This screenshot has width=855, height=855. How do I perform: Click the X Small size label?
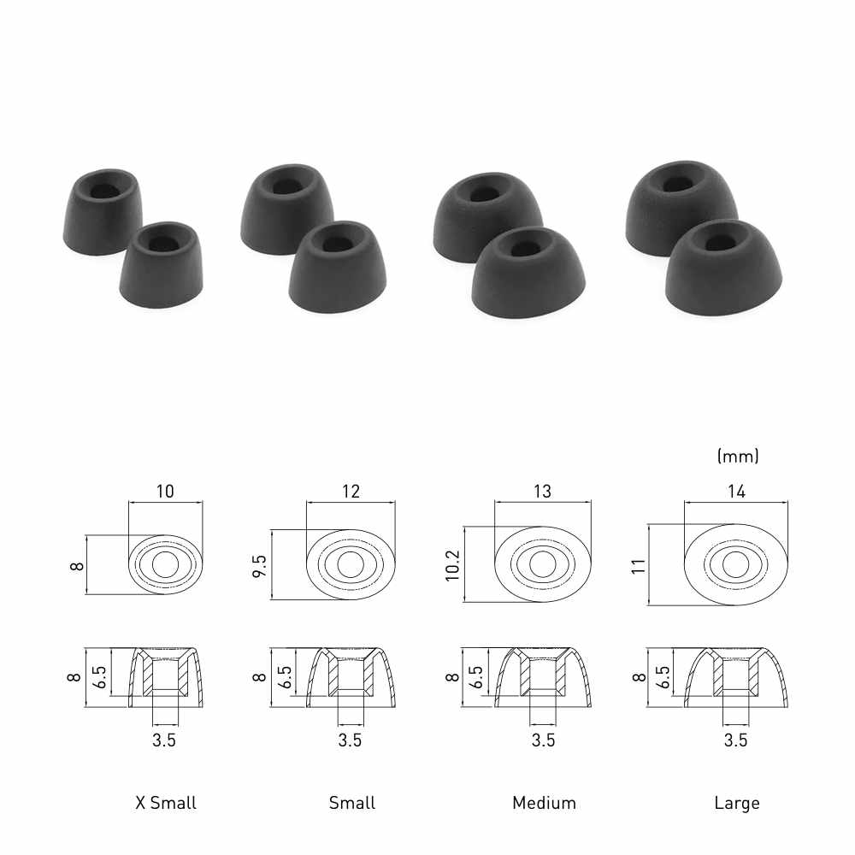pyautogui.click(x=166, y=803)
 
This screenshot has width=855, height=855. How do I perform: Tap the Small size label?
pyautogui.click(x=352, y=803)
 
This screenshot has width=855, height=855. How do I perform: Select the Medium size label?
pyautogui.click(x=544, y=803)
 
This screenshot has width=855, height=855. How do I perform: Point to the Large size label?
pyautogui.click(x=737, y=803)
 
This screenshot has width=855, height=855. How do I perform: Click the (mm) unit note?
pyautogui.click(x=738, y=456)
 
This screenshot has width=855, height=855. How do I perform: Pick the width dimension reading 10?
pyautogui.click(x=165, y=492)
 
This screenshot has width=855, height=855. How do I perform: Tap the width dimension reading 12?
pyautogui.click(x=351, y=492)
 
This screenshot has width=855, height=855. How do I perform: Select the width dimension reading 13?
pyautogui.click(x=543, y=492)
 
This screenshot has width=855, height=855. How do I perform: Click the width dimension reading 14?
pyautogui.click(x=736, y=492)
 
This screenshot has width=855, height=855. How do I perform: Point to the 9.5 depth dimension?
pyautogui.click(x=260, y=565)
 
